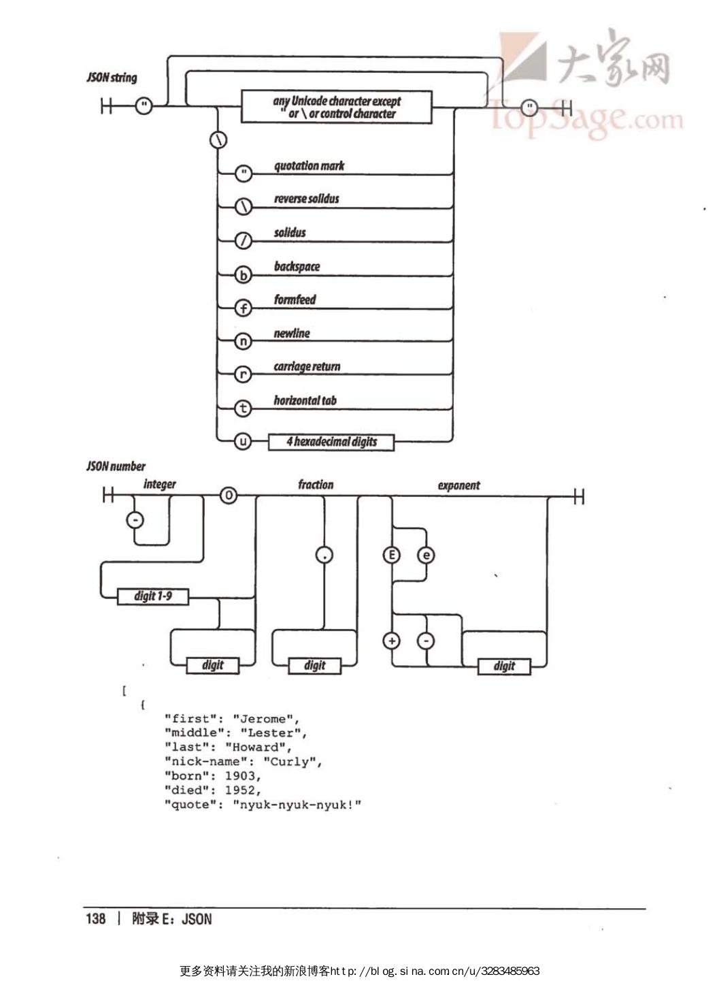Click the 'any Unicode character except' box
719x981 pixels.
point(337,107)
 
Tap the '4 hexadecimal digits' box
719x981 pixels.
point(331,442)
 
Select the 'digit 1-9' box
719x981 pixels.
point(152,596)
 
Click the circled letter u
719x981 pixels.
point(243,442)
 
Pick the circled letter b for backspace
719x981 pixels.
point(243,275)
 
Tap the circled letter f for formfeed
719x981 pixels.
point(243,308)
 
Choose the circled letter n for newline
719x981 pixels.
point(243,342)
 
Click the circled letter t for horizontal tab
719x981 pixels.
point(243,408)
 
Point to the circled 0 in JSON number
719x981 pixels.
point(229,496)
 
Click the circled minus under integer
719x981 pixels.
point(135,520)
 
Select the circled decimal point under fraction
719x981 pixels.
point(324,555)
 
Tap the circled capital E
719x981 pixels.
point(391,555)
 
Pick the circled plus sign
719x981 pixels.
point(391,641)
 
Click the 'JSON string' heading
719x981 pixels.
point(112,77)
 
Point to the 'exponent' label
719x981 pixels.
point(458,485)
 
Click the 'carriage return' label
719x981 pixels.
point(307,367)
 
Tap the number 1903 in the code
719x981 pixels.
point(240,776)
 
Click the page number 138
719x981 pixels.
point(96,919)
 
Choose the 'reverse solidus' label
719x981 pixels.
point(306,199)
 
